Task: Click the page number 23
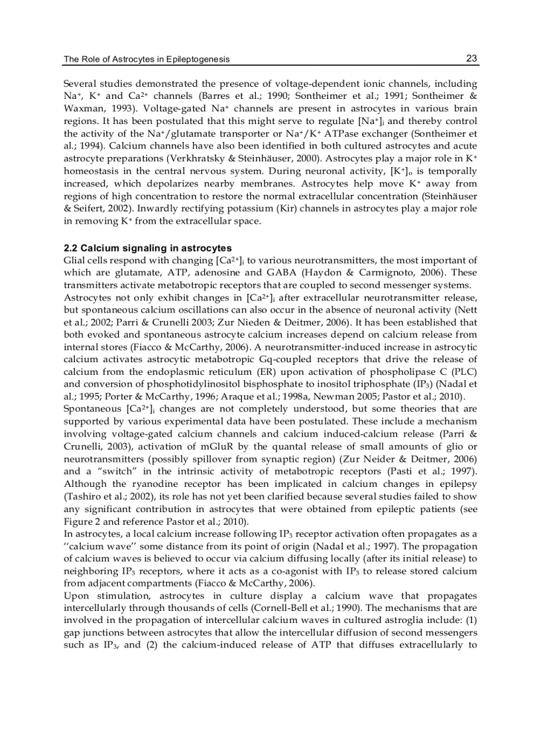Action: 471,58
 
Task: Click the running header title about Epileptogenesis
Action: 147,59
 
